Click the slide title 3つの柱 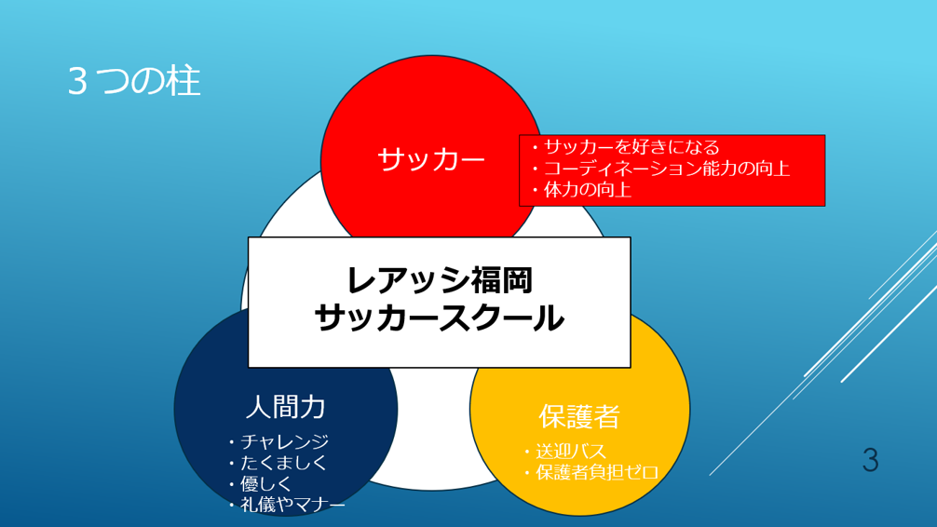[x=134, y=81]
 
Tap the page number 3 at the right [x=871, y=460]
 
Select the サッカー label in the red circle [x=431, y=159]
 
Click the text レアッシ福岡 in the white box [x=440, y=279]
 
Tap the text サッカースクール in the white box [x=440, y=318]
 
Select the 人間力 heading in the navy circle [x=286, y=407]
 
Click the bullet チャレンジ [x=278, y=441]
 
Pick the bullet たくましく [x=278, y=463]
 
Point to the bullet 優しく [x=260, y=483]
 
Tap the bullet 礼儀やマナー [x=287, y=505]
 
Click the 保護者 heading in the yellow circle [x=579, y=416]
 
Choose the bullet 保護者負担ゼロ [x=591, y=472]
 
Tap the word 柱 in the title [x=183, y=81]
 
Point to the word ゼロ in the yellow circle [x=645, y=472]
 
